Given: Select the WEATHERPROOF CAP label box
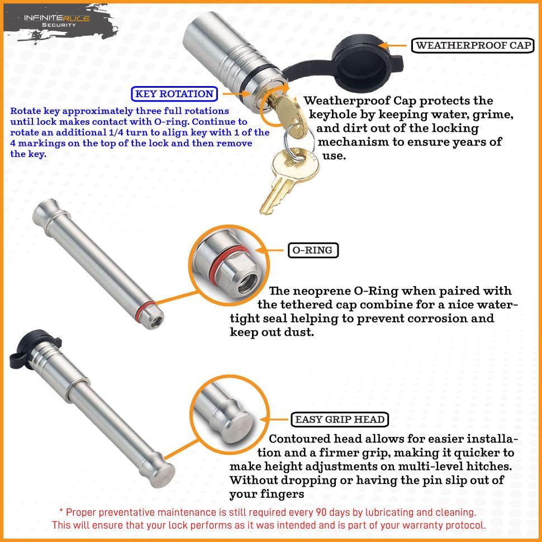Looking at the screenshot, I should [x=472, y=46].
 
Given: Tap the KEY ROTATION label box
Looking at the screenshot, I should [x=174, y=94].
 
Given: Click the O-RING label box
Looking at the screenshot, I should [x=313, y=250].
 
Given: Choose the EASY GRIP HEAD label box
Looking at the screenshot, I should [x=340, y=420].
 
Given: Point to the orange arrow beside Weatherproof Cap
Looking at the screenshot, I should [x=394, y=45].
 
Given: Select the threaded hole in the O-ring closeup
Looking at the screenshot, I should [x=245, y=282].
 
